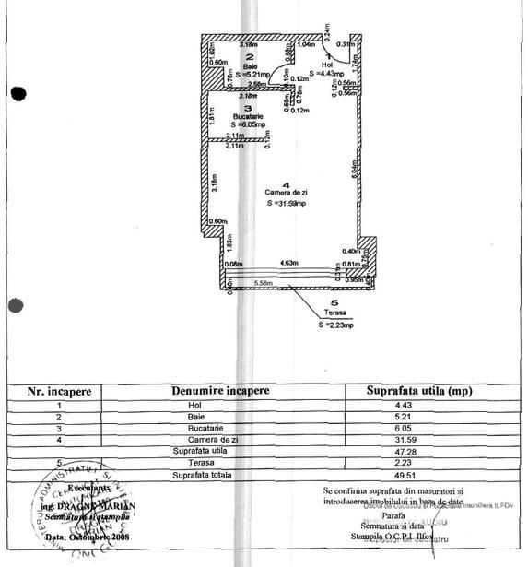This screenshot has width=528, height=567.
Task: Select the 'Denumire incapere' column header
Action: point(220,391)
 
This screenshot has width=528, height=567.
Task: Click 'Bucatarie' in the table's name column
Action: point(194,429)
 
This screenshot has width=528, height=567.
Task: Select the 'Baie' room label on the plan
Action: point(224,66)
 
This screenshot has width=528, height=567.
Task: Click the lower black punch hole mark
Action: point(15,306)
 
